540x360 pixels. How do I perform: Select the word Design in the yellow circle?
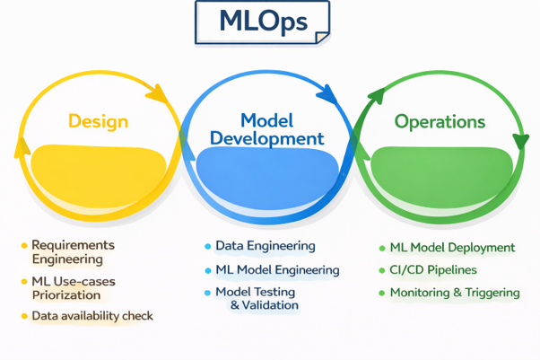click(x=98, y=121)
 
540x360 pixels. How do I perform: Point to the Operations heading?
click(x=440, y=121)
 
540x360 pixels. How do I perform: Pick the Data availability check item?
click(x=92, y=316)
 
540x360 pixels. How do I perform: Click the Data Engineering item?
click(x=266, y=246)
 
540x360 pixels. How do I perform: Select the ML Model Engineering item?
click(x=277, y=269)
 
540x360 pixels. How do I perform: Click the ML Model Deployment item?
click(x=452, y=248)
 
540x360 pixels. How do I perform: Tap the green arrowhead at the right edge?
click(x=520, y=142)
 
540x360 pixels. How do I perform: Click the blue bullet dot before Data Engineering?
click(x=207, y=246)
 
